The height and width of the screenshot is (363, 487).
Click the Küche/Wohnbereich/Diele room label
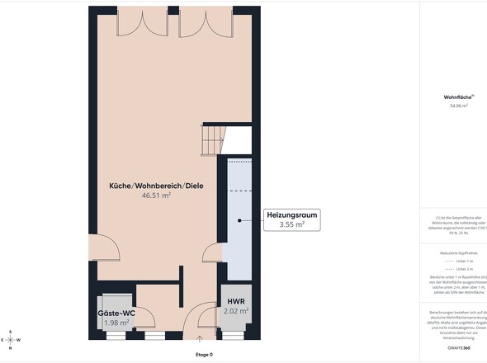click(156, 186)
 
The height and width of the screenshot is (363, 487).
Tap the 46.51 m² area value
click(156, 196)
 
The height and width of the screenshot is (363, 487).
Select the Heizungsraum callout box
click(291, 219)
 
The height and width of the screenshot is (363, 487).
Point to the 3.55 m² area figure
click(291, 224)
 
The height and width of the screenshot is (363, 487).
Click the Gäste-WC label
click(116, 313)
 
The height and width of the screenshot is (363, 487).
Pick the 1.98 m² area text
click(116, 323)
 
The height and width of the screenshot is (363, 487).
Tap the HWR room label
click(235, 302)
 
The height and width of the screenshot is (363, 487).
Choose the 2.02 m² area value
click(235, 311)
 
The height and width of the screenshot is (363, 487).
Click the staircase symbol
click(213, 138)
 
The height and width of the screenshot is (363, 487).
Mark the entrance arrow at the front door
click(200, 338)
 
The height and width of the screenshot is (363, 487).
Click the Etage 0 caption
click(204, 355)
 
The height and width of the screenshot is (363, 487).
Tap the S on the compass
click(10, 332)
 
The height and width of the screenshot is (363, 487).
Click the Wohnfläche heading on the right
click(456, 97)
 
